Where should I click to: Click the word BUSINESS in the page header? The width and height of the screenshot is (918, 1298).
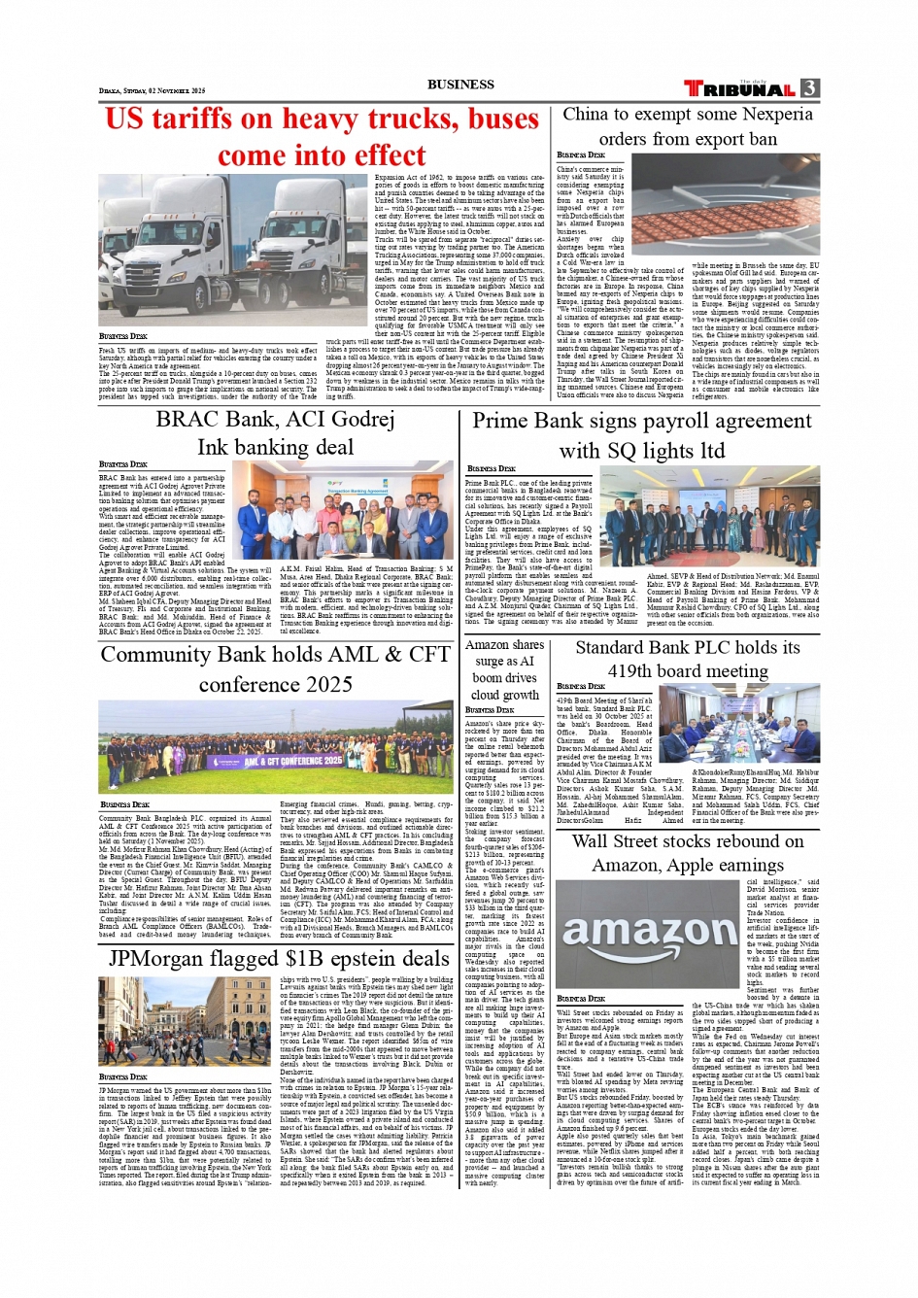460,85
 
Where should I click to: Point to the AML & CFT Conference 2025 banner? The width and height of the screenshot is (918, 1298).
276,749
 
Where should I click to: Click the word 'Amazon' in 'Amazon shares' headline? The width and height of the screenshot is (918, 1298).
487,644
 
